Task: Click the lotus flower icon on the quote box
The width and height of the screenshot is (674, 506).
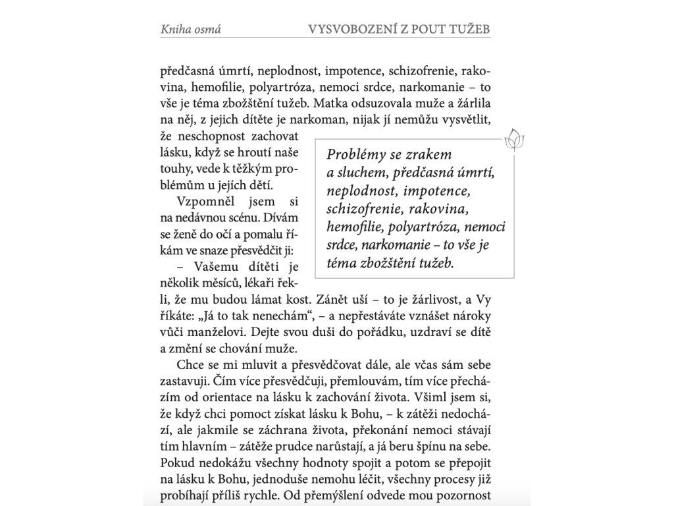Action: tap(513, 140)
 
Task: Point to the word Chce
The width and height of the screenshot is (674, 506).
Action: tap(190, 364)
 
